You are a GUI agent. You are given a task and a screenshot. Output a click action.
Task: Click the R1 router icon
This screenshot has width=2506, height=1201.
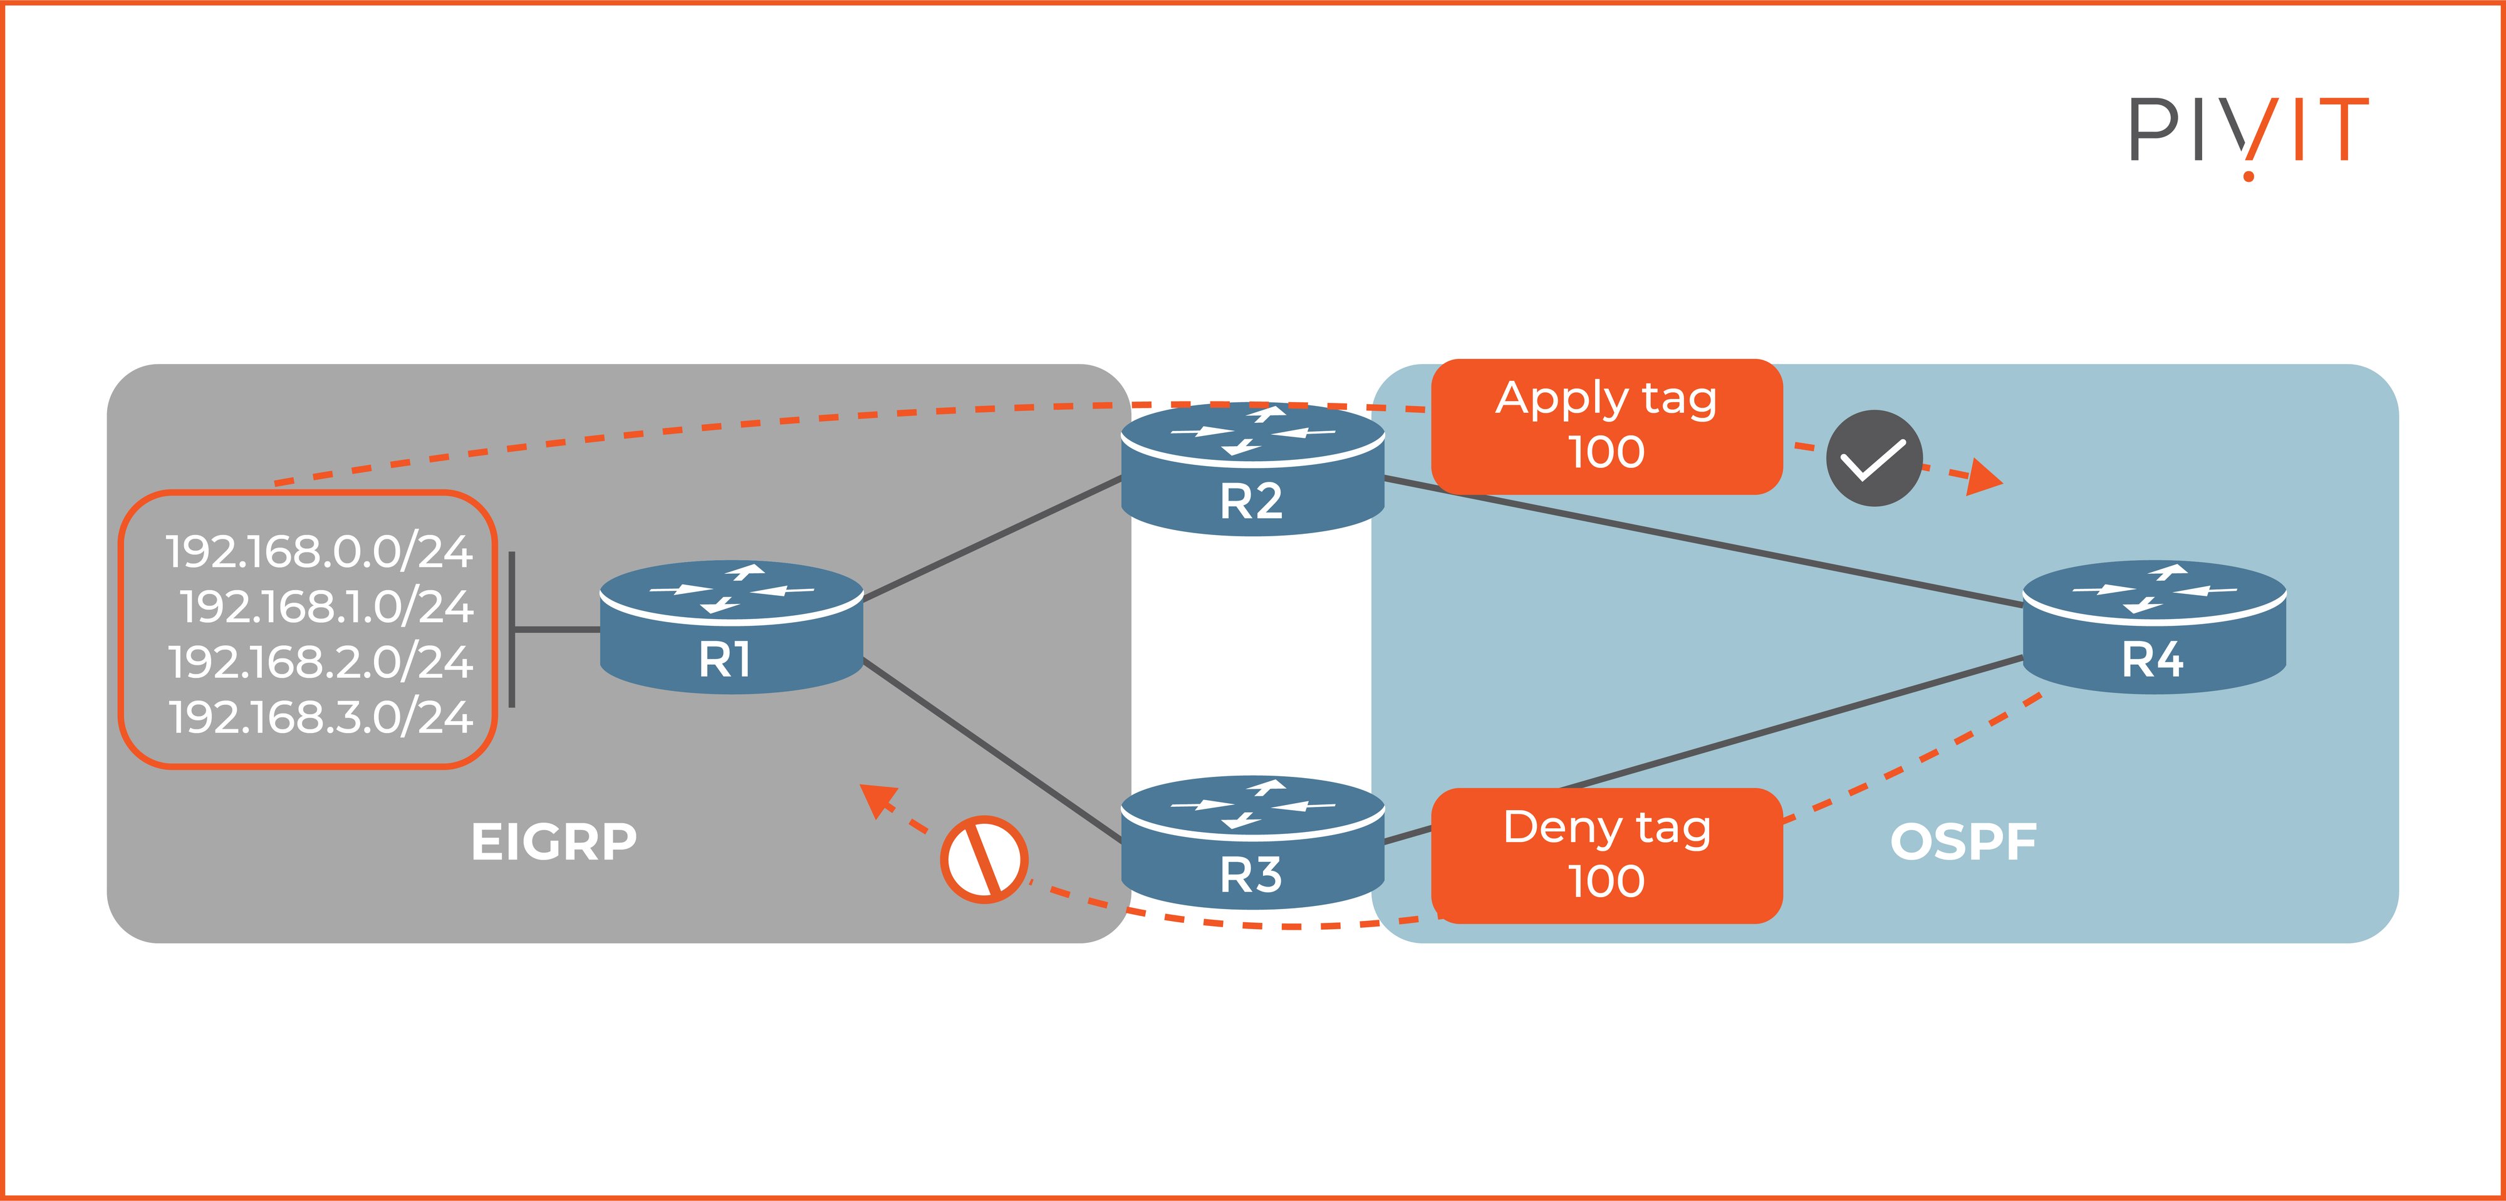[730, 627]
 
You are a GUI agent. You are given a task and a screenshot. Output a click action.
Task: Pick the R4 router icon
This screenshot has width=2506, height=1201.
[2154, 627]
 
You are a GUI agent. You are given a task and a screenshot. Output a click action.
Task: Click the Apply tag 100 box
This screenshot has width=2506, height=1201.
[1606, 427]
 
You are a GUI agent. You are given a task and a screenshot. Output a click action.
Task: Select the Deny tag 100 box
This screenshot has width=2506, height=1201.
[1606, 855]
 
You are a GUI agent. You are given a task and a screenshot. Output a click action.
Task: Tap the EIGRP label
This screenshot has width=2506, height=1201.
[554, 842]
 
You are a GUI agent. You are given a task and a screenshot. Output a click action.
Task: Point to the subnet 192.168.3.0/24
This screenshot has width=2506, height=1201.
[321, 719]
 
